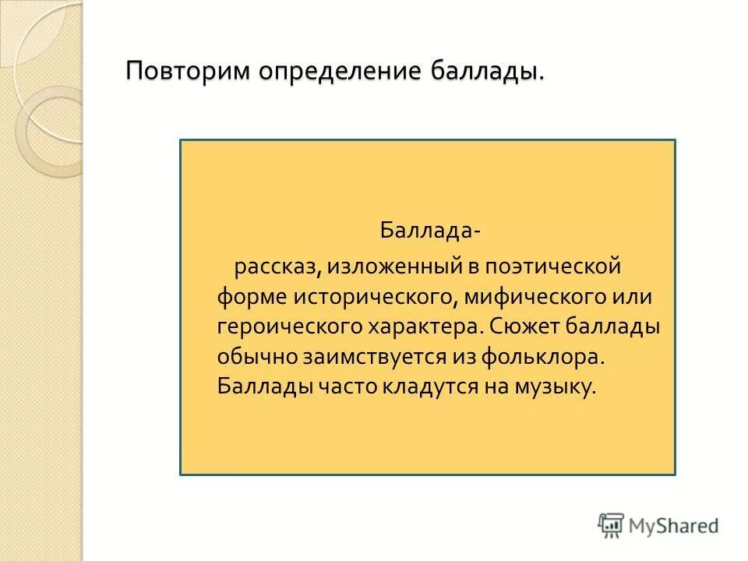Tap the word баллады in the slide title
pos(483,72)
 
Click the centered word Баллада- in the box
pos(429,231)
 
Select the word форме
pos(251,297)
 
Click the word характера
pos(425,326)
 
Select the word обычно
pos(255,356)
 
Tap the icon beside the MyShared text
pos(611,524)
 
